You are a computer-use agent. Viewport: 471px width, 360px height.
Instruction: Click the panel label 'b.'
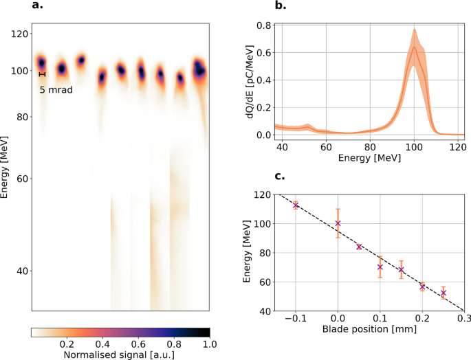pyautogui.click(x=281, y=6)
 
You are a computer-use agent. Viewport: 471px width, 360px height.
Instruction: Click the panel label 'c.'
pyautogui.click(x=281, y=177)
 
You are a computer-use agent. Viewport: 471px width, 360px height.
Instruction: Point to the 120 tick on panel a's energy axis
pyautogui.click(x=19, y=34)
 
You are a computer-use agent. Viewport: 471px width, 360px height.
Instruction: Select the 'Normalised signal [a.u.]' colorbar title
pyautogui.click(x=120, y=355)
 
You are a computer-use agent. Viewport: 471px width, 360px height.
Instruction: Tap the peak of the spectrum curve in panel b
pyautogui.click(x=414, y=47)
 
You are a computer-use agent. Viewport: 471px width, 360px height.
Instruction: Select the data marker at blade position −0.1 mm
pyautogui.click(x=296, y=205)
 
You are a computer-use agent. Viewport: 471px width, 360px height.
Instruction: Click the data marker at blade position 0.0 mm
pyautogui.click(x=338, y=223)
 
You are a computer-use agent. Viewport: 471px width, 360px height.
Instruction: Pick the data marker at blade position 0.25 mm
pyautogui.click(x=443, y=293)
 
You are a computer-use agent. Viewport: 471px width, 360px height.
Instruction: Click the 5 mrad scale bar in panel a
pyautogui.click(x=42, y=74)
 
